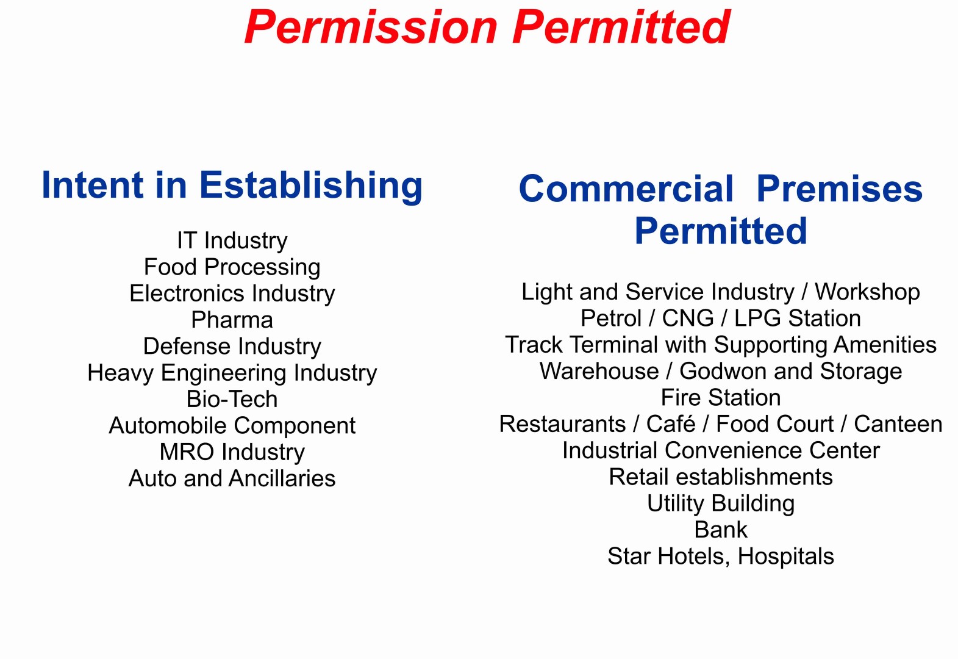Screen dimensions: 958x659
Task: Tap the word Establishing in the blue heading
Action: click(x=311, y=185)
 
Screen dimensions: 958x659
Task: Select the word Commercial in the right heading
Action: click(x=626, y=189)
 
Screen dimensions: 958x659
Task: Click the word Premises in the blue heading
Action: click(x=840, y=189)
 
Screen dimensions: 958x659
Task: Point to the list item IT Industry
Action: click(x=232, y=240)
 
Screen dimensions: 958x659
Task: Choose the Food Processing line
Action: click(x=232, y=267)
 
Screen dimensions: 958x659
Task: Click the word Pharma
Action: click(x=232, y=320)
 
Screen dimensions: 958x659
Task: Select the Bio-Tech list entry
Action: click(x=232, y=399)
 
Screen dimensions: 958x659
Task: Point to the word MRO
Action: click(x=187, y=452)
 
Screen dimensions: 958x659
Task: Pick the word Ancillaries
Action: click(x=282, y=478)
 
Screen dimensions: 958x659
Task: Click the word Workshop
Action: click(x=867, y=292)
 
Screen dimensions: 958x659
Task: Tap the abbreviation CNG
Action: click(x=688, y=319)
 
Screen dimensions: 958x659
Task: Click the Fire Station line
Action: click(x=721, y=398)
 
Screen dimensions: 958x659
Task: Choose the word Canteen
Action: click(x=898, y=424)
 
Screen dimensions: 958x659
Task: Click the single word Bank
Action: click(x=721, y=530)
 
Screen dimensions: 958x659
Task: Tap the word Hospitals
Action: click(x=785, y=556)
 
